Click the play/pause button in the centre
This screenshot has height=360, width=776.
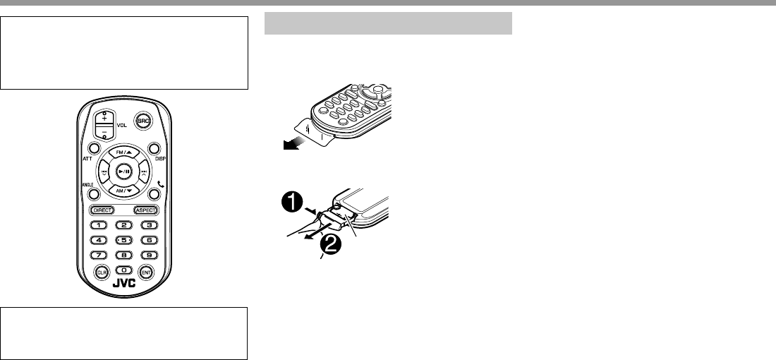pos(124,172)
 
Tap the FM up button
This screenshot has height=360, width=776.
pos(124,152)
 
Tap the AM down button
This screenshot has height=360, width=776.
pos(124,191)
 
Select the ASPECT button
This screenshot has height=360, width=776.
pos(145,210)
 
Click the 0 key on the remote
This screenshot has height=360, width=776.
pos(124,270)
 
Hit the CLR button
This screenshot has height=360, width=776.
pos(101,272)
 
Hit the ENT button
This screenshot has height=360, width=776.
pos(147,272)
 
